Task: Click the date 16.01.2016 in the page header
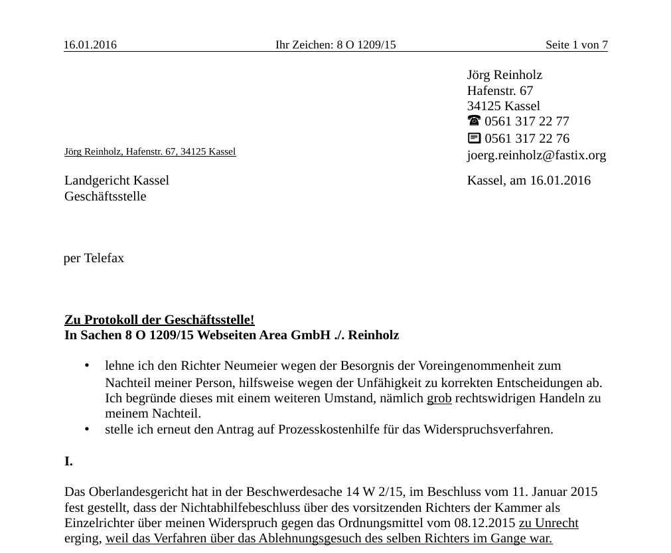pyautogui.click(x=90, y=45)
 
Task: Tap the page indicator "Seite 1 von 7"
pyautogui.click(x=576, y=45)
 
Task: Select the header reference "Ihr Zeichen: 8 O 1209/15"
pyautogui.click(x=335, y=45)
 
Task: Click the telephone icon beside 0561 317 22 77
pyautogui.click(x=474, y=121)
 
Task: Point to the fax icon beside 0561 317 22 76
pyautogui.click(x=474, y=138)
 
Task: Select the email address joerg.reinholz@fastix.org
pyautogui.click(x=536, y=155)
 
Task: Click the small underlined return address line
pyautogui.click(x=150, y=151)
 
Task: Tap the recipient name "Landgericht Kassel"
pyautogui.click(x=117, y=181)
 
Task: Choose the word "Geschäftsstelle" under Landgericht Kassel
pyautogui.click(x=105, y=197)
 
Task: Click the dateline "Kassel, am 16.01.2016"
pyautogui.click(x=528, y=181)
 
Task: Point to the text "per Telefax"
pyautogui.click(x=94, y=258)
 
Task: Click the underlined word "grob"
pyautogui.click(x=439, y=398)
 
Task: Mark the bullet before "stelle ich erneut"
pyautogui.click(x=87, y=430)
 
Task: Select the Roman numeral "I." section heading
pyautogui.click(x=68, y=461)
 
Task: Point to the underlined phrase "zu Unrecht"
pyautogui.click(x=548, y=523)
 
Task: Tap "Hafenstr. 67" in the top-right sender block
pyautogui.click(x=500, y=90)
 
